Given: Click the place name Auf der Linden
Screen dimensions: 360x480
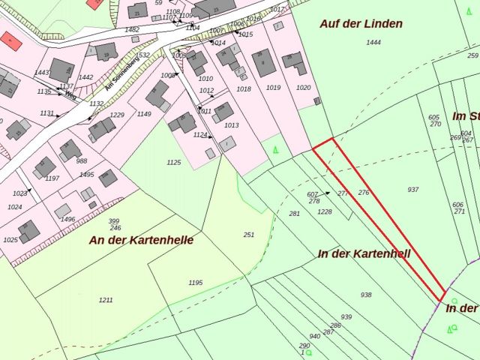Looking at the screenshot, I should point(361,24).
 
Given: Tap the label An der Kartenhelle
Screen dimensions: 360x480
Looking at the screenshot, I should point(141,241).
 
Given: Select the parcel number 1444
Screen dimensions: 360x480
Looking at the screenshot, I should point(373,43).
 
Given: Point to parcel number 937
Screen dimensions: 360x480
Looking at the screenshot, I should point(413,190).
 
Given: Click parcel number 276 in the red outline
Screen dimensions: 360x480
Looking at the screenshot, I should point(364,193).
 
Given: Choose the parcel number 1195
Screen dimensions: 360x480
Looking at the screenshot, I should point(196,283).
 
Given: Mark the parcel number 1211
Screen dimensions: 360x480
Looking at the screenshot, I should point(106,300).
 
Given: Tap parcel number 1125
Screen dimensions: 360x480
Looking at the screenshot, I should point(174,162).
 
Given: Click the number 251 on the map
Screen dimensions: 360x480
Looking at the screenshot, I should point(249,235).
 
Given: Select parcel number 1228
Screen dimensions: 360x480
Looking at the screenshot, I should point(324,211).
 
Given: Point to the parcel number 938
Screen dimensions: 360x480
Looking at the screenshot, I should point(366,295).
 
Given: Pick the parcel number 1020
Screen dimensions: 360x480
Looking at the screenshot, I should point(303,88).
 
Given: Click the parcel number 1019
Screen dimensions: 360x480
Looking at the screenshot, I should point(273,88).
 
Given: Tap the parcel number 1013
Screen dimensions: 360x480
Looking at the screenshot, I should point(231,125).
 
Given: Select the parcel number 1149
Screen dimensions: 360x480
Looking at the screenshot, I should point(144,114).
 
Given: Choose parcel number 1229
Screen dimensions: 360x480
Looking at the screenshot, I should point(117,115).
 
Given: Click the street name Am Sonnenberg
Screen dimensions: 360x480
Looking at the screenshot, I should point(121,73).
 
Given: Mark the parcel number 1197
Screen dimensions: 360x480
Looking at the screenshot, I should point(52,178).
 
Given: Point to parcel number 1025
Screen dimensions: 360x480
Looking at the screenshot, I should point(10,240).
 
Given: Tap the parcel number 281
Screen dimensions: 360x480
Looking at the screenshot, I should point(294,214).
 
